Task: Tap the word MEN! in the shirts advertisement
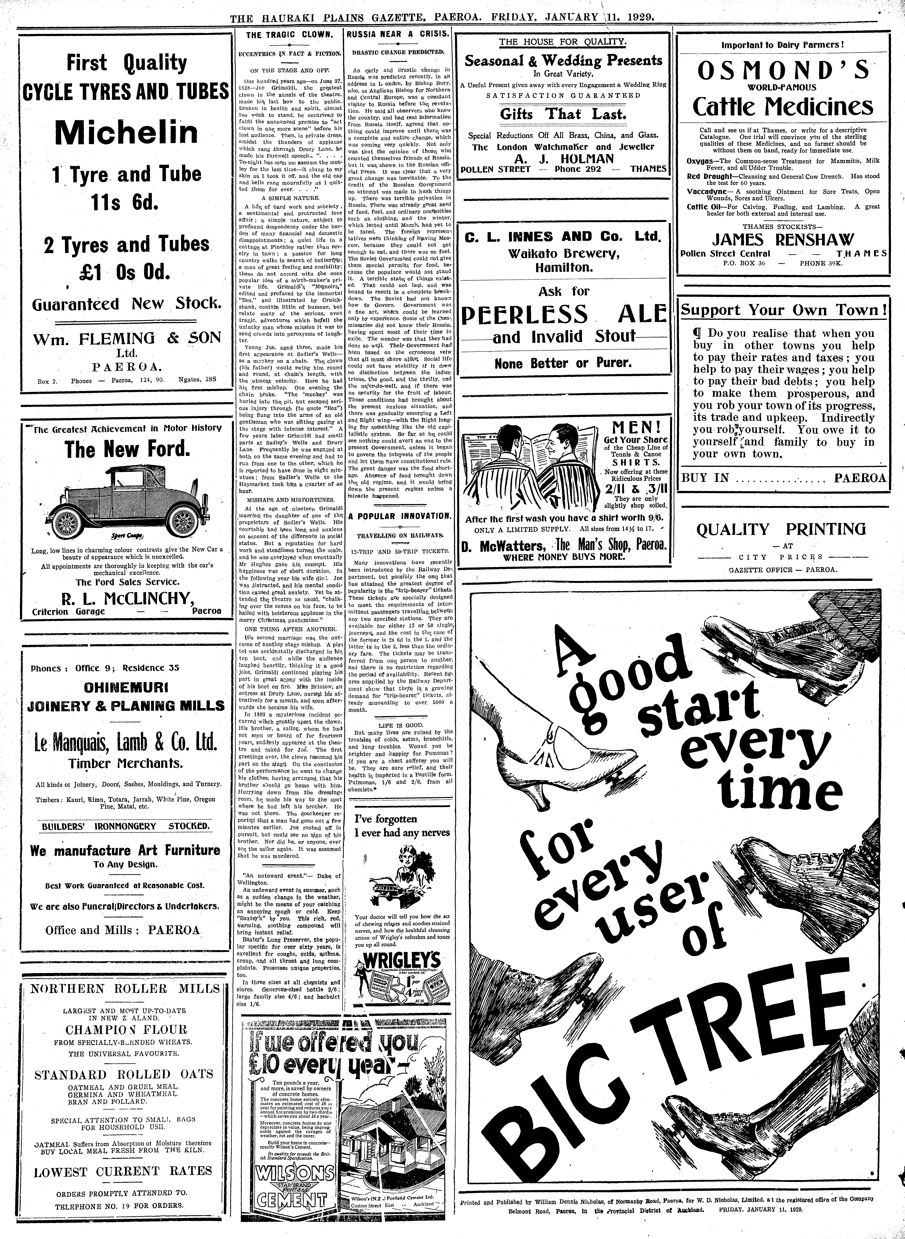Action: tap(635, 427)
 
